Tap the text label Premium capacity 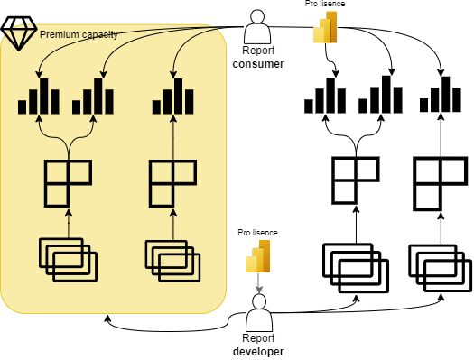coord(78,34)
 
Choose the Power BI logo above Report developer coord(258,260)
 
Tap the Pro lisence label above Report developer coord(258,233)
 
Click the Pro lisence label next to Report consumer coord(325,5)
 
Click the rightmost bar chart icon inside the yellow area coord(172,97)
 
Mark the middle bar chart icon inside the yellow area coord(94,97)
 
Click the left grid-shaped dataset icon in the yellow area coord(68,182)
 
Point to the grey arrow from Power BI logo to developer coord(259,282)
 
